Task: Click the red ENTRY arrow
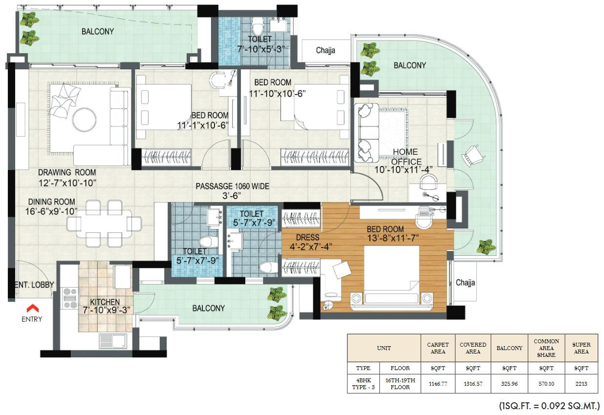(x=32, y=308)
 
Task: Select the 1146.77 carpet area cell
(x=438, y=384)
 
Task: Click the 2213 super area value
(x=581, y=384)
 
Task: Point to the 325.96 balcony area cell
(x=509, y=384)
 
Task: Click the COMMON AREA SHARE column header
(x=546, y=348)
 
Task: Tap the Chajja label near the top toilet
(x=325, y=50)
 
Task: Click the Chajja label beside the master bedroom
(x=465, y=283)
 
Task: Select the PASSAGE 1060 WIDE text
(x=232, y=186)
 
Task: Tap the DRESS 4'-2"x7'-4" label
(x=307, y=242)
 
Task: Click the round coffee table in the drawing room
(x=85, y=119)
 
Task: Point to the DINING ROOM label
(x=51, y=202)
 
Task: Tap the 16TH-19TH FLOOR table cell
(x=400, y=384)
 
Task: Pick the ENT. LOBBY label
(x=34, y=285)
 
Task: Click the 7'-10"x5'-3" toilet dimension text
(x=260, y=48)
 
